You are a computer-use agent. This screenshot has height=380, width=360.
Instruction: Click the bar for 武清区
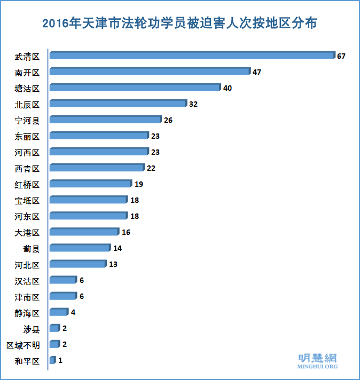192,56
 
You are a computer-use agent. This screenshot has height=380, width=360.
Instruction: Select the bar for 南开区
150,72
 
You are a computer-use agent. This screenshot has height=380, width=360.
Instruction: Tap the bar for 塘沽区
135,88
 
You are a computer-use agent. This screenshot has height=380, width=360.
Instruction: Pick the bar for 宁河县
105,120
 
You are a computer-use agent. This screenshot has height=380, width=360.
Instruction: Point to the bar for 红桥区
90,184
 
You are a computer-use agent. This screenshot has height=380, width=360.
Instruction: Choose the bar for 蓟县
80,248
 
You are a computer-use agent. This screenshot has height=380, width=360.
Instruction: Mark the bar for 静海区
58,312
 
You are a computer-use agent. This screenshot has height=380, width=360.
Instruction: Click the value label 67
341,56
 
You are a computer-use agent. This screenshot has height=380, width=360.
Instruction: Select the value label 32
193,104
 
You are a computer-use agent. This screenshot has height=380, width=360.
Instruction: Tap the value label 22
152,168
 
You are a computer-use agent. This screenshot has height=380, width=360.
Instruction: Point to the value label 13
113,264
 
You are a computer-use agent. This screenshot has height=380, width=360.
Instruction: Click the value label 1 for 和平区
60,360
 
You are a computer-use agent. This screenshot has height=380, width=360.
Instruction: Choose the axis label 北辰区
27,104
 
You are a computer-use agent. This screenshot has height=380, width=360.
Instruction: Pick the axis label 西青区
27,169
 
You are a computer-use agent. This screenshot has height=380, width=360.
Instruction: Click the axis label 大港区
27,233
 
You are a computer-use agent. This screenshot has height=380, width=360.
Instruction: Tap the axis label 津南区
27,297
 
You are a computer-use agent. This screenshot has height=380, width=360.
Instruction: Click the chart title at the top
179,23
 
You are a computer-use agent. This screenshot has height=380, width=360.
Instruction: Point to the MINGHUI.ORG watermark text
317,367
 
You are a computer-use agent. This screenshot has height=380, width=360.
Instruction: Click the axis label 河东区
27,217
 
